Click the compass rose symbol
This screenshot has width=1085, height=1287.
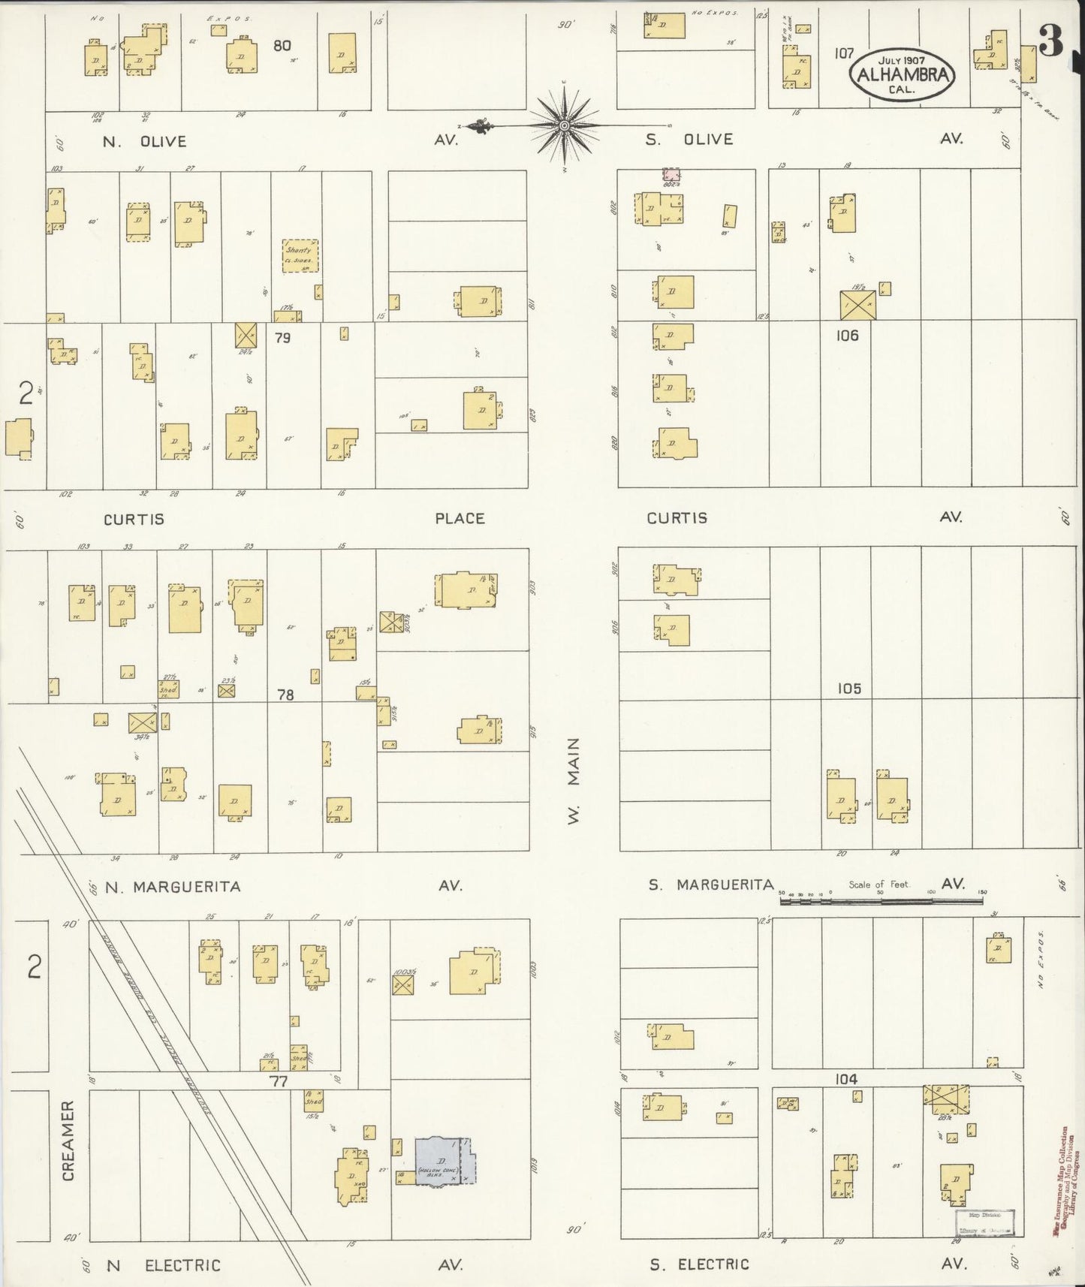click(563, 125)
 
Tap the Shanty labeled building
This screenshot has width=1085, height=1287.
click(300, 256)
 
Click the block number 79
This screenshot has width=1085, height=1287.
click(282, 338)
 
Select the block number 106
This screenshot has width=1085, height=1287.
click(846, 336)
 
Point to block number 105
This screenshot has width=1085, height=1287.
click(848, 688)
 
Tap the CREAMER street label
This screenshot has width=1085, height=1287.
click(68, 1146)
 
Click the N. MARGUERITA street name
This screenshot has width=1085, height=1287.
click(173, 887)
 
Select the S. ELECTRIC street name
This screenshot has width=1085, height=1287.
click(699, 1264)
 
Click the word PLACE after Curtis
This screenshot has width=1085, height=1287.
click(460, 518)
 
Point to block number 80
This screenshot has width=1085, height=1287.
click(282, 46)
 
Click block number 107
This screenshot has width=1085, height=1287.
click(844, 53)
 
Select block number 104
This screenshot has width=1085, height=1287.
click(845, 1079)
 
